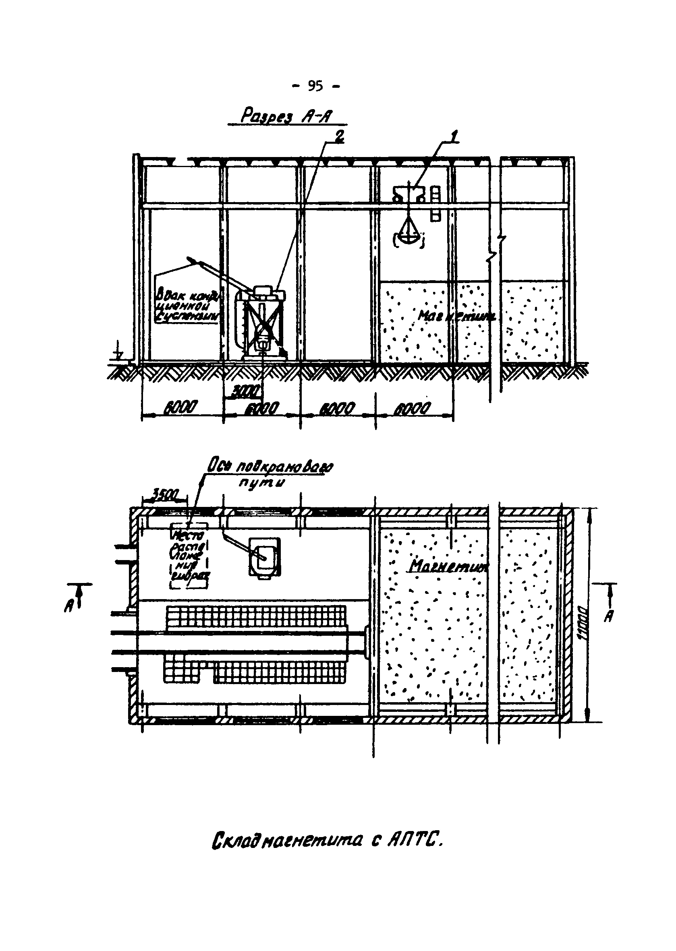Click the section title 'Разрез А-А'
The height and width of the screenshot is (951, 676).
[x=287, y=116]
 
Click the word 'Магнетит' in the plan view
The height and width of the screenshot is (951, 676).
[x=449, y=566]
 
